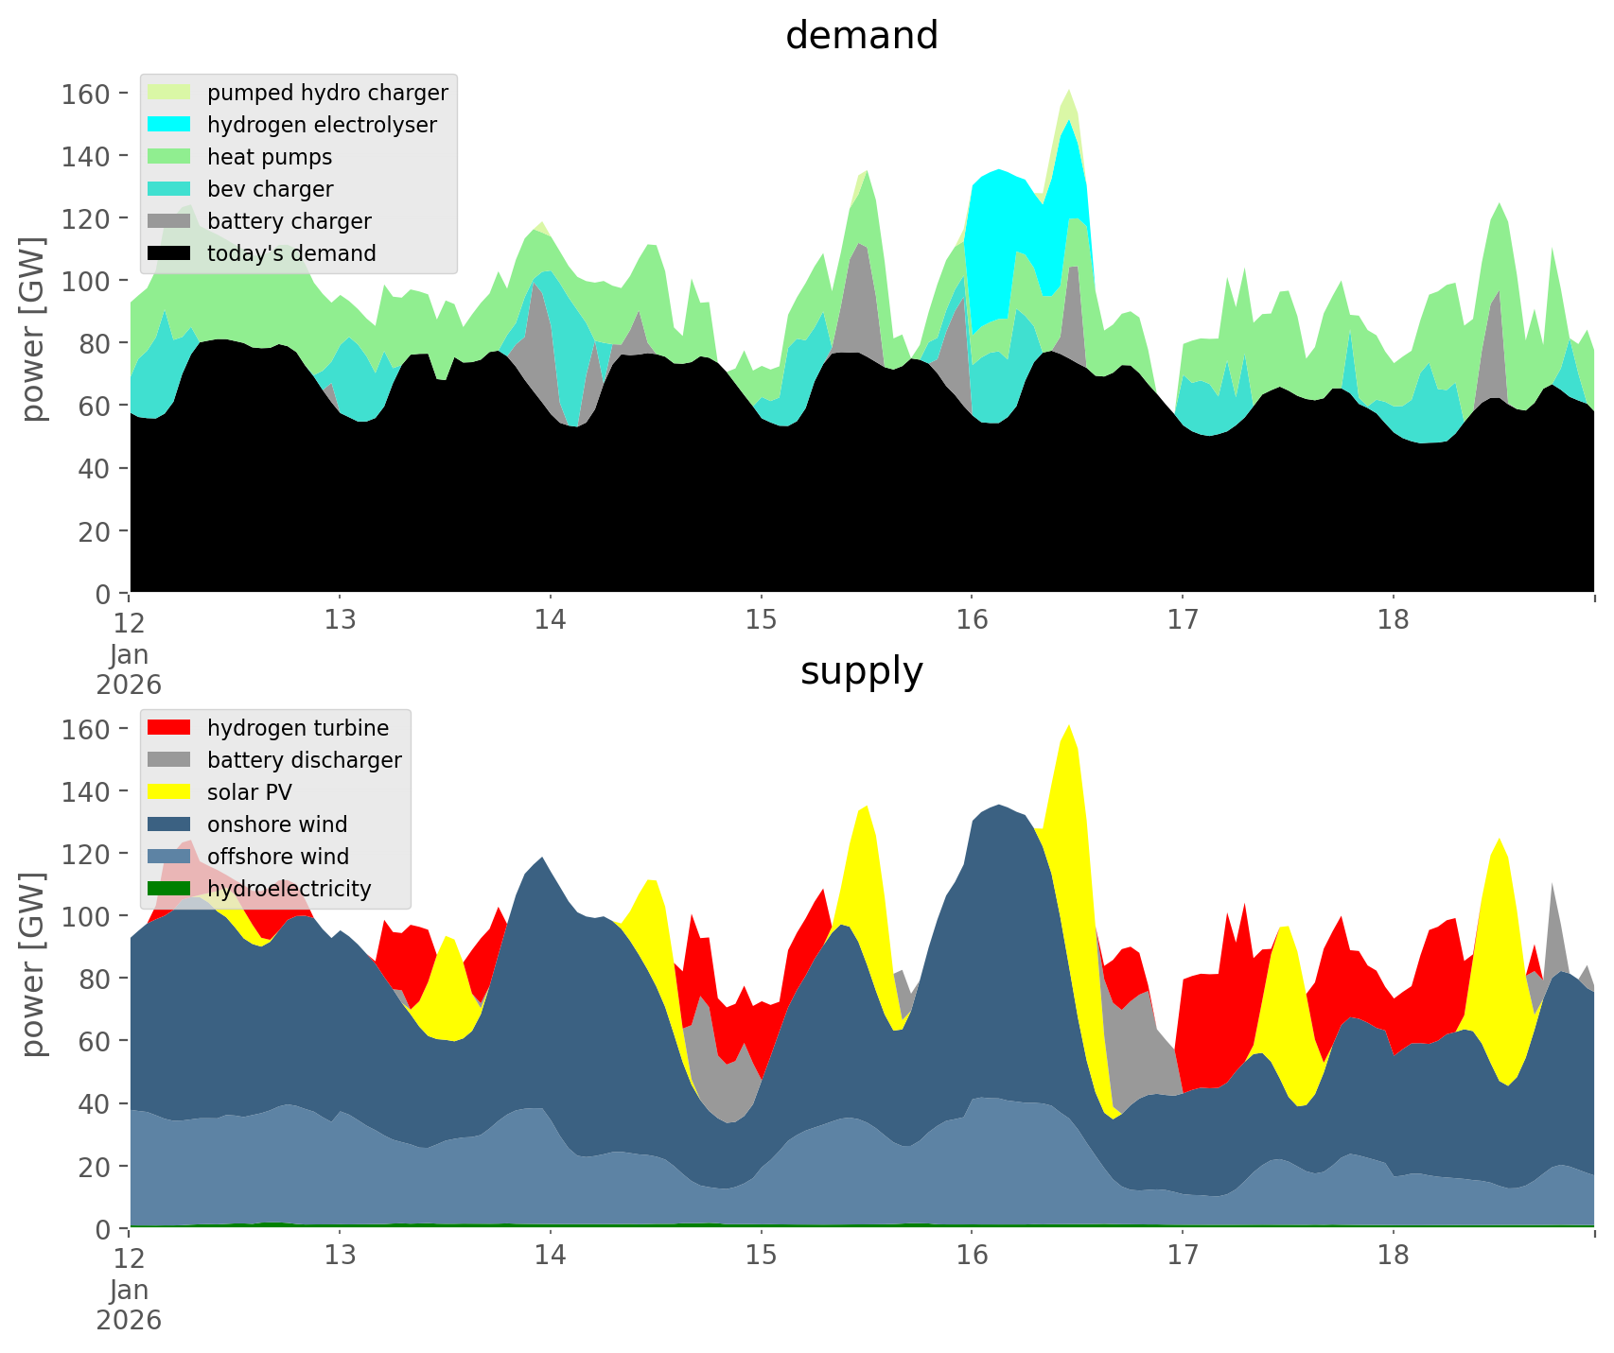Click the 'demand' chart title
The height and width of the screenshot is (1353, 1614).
click(x=861, y=36)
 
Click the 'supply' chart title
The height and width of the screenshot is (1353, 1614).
click(x=861, y=671)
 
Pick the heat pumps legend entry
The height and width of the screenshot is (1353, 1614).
click(x=269, y=157)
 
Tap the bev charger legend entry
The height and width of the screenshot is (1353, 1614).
click(x=270, y=189)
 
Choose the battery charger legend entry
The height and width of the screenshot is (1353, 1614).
click(x=289, y=221)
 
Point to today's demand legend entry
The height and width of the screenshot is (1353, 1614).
click(x=290, y=253)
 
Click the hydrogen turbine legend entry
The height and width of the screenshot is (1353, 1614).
click(x=297, y=728)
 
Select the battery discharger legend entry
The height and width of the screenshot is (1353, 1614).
click(x=304, y=760)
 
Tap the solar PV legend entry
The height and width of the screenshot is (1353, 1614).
click(x=249, y=792)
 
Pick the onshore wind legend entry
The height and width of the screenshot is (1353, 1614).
click(x=276, y=824)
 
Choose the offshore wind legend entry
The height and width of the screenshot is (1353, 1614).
click(x=277, y=857)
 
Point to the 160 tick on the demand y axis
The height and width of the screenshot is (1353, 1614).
click(x=87, y=94)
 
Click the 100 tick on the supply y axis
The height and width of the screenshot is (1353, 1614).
click(x=87, y=916)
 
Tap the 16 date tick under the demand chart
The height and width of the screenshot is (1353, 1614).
click(x=972, y=620)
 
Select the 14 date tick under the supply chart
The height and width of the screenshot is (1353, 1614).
click(x=550, y=1256)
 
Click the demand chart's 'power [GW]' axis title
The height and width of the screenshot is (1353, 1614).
click(x=33, y=330)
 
